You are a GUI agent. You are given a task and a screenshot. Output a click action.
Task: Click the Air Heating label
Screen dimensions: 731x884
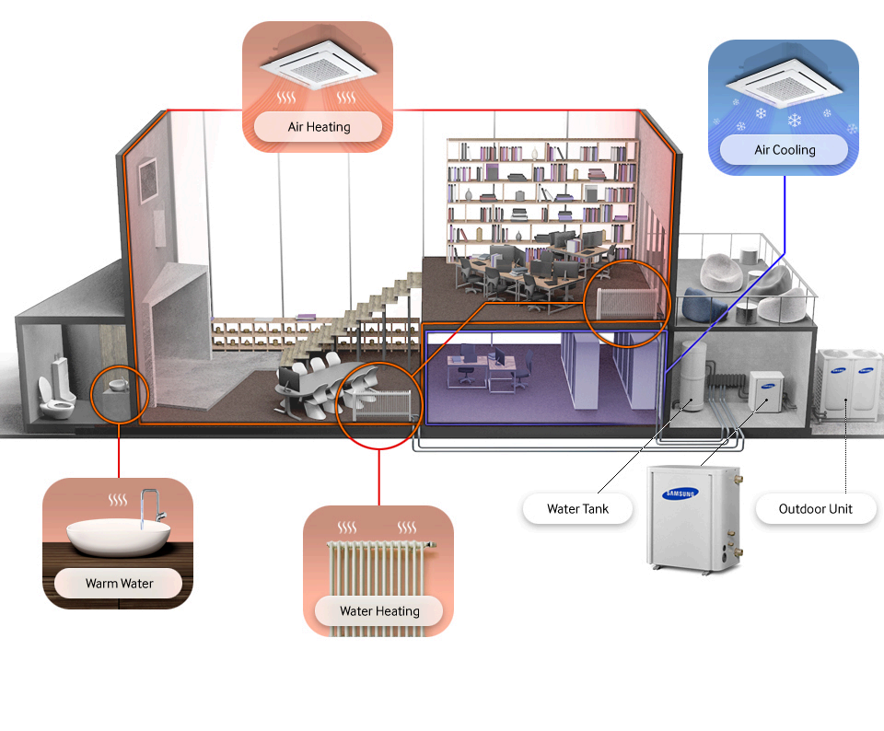319,126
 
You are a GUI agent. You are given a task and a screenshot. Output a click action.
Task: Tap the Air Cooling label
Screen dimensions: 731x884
785,149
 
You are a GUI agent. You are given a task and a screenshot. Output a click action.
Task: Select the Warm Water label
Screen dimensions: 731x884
119,583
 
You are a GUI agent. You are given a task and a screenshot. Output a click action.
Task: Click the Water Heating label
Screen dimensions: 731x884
378,610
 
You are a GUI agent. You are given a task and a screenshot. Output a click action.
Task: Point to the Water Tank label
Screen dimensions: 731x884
577,508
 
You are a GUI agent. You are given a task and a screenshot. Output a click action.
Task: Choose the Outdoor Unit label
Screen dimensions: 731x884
815,508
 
